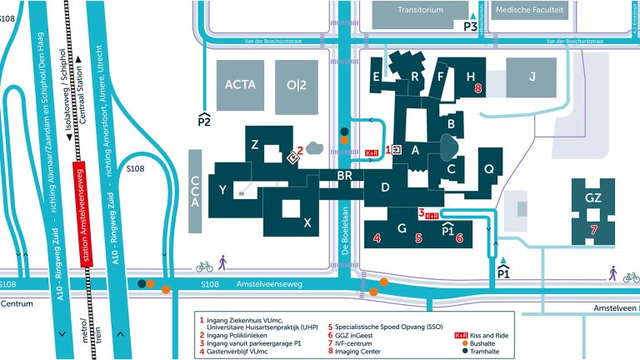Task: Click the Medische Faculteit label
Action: tap(528, 11)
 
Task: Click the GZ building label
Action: tap(593, 198)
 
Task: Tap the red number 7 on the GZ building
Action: tap(593, 229)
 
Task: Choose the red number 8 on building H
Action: tap(478, 87)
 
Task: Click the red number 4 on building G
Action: tap(377, 238)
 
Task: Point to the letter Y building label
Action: tap(222, 190)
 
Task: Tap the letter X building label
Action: tap(307, 222)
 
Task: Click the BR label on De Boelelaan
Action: tap(346, 175)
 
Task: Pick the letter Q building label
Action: tap(490, 168)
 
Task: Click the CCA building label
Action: tap(195, 191)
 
